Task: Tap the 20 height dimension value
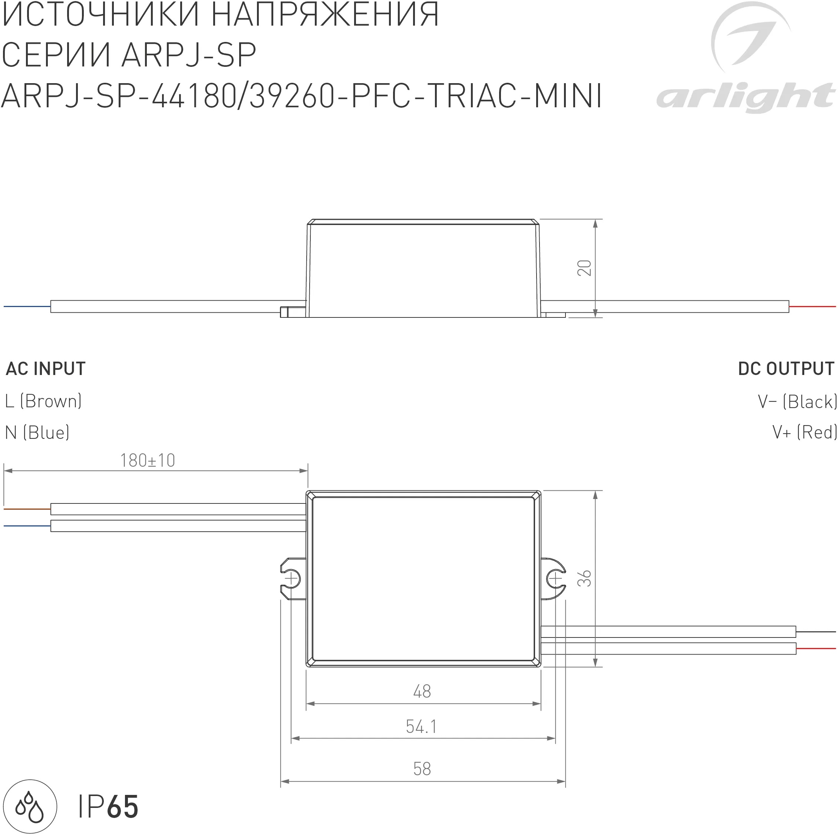[x=584, y=268]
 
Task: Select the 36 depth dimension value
[x=584, y=578]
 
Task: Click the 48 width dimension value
[x=422, y=691]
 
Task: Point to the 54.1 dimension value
[x=421, y=727]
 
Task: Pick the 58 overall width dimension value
[x=422, y=769]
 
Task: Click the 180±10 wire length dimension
[x=148, y=461]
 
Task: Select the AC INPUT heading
[x=46, y=369]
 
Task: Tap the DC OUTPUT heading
[x=786, y=369]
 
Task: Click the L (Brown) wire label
[x=43, y=401]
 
